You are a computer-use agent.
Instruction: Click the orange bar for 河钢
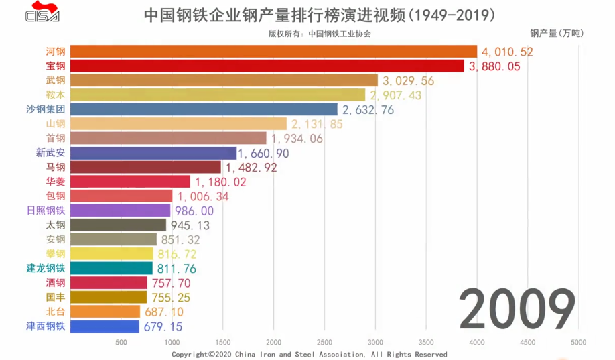(273, 52)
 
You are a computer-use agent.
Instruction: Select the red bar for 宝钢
(267, 66)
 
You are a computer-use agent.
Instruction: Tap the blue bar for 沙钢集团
(204, 109)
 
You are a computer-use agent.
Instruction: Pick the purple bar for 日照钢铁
(120, 211)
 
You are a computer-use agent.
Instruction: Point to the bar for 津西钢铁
(105, 326)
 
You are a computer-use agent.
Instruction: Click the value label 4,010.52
(507, 52)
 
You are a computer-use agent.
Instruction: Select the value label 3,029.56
(409, 80)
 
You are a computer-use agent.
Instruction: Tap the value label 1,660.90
(263, 153)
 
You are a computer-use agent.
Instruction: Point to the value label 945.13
(191, 225)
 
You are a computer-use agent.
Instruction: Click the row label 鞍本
(56, 95)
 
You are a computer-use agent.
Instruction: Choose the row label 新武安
(51, 153)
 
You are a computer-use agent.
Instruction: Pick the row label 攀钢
(56, 254)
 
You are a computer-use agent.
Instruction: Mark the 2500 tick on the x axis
(324, 342)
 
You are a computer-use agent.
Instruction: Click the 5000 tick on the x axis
(578, 342)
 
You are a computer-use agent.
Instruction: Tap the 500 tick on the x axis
(121, 342)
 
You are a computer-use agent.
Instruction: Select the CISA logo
(42, 13)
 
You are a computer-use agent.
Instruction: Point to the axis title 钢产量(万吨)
(556, 32)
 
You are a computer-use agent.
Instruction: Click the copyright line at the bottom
(309, 354)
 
